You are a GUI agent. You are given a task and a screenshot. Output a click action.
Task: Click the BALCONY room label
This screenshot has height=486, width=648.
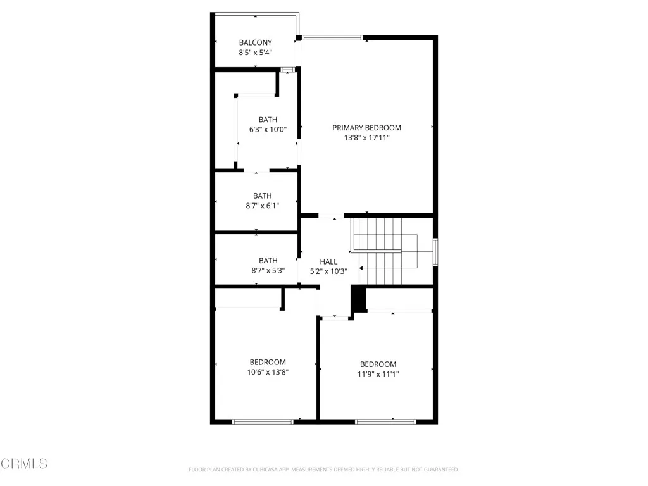point(255,42)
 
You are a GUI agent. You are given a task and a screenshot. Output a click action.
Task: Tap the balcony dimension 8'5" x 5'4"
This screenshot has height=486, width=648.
point(255,53)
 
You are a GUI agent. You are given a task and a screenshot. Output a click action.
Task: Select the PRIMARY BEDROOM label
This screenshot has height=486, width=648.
point(366,127)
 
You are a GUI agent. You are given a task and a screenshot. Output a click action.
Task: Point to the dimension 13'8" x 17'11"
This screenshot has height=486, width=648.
point(366,137)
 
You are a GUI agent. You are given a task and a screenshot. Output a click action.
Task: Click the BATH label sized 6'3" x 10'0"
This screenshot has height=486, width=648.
point(268,120)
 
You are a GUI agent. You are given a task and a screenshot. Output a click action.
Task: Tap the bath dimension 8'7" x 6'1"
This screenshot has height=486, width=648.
point(262,206)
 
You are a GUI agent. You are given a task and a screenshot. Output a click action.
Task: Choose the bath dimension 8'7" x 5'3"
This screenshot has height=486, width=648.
point(268,270)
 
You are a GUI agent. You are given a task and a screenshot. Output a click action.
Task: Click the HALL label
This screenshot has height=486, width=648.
point(328,261)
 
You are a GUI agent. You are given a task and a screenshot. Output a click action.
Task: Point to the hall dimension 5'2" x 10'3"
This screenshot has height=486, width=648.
point(328,271)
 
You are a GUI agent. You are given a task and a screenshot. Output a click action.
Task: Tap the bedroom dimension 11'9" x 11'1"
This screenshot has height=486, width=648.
point(378,374)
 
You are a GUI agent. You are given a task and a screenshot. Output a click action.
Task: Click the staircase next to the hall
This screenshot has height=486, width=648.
point(380,251)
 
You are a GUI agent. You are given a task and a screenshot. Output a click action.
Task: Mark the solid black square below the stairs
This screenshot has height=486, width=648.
point(358,299)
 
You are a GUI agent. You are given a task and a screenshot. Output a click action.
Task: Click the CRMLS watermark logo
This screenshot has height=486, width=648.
point(23,464)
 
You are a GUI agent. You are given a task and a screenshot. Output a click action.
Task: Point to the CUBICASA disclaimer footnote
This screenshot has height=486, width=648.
point(323,470)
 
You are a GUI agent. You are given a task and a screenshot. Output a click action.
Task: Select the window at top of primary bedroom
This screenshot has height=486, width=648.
point(332,38)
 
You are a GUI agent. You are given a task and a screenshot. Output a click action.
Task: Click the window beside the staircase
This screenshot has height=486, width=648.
point(435,251)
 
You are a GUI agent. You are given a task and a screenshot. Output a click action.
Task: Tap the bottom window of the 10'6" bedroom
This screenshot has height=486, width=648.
point(262,421)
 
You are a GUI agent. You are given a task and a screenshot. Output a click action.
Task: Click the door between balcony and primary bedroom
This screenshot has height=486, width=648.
point(299,54)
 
